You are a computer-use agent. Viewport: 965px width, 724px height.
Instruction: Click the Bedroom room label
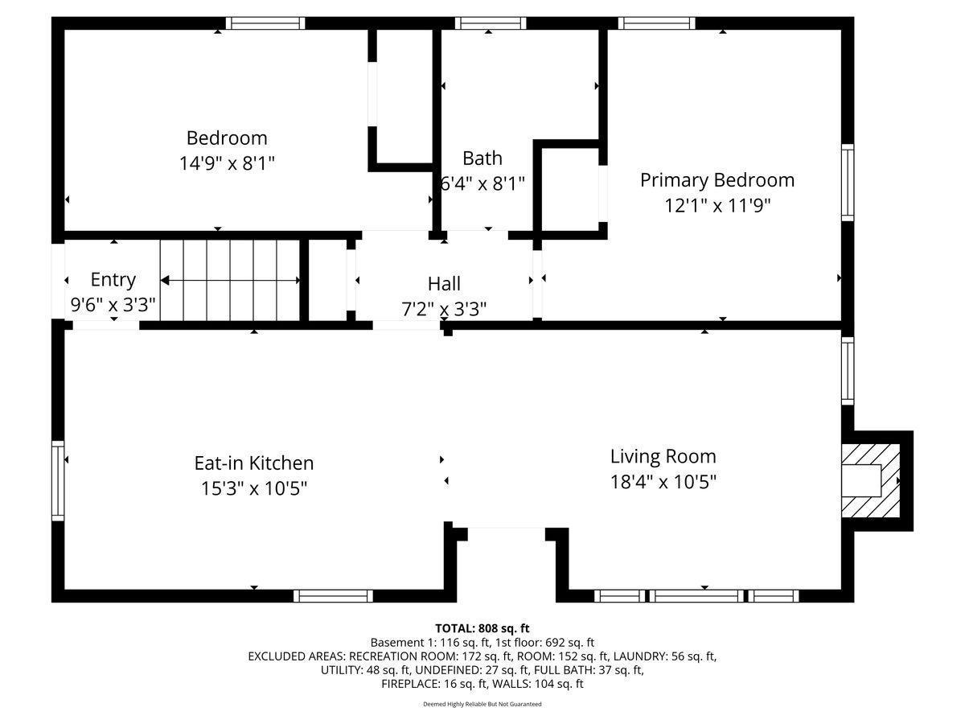click(x=227, y=138)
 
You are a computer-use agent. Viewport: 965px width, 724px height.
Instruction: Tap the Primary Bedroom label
click(x=717, y=180)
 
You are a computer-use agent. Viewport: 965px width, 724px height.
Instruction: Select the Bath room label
click(x=482, y=158)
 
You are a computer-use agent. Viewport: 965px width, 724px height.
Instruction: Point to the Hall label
click(x=444, y=284)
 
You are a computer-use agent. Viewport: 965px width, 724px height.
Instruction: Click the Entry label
click(x=113, y=280)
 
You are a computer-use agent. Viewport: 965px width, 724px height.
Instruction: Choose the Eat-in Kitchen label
click(x=254, y=463)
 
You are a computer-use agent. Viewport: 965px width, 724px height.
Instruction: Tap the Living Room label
click(x=663, y=457)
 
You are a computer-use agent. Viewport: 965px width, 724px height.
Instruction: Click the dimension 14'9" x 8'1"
click(x=227, y=163)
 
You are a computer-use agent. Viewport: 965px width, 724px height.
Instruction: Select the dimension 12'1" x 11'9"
click(x=717, y=206)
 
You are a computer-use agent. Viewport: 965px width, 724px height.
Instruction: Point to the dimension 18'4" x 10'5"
click(x=663, y=482)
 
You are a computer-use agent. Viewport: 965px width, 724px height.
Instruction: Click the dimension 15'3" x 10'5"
click(x=254, y=488)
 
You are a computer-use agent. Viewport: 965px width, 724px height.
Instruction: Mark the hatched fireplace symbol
click(x=871, y=481)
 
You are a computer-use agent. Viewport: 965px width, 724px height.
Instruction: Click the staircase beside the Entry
click(x=230, y=280)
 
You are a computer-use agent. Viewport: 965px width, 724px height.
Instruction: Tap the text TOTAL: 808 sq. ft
click(x=482, y=628)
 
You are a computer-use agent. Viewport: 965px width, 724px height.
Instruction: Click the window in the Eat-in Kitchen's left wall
click(x=58, y=481)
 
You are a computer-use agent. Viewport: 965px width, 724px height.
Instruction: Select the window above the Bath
click(x=491, y=23)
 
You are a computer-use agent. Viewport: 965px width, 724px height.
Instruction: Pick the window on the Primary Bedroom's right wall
click(x=848, y=183)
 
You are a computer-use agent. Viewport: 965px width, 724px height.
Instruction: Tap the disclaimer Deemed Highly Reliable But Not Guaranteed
click(x=482, y=704)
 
